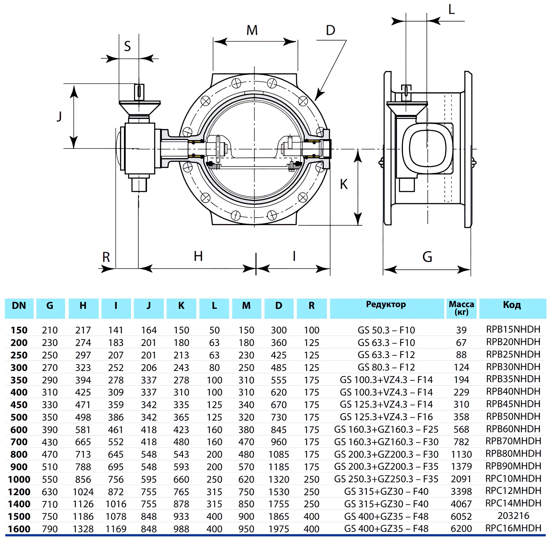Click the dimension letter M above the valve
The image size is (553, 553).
coord(252,30)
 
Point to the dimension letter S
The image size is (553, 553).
coord(127,46)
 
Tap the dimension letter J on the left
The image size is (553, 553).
coord(59,117)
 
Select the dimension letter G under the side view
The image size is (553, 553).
coord(427,257)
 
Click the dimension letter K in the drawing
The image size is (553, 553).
coord(344,184)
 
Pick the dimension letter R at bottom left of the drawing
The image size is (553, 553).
coord(106,257)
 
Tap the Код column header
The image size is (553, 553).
coord(512,305)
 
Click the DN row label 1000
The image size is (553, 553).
coord(19,479)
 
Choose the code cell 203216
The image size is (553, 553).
coord(513,516)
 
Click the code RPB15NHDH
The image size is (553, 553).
coord(513,329)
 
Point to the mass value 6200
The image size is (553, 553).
coord(461,528)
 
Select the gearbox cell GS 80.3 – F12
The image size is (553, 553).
coord(386,367)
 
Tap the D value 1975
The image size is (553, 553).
coord(279,529)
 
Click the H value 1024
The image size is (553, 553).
coord(83,492)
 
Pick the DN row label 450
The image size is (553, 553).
coord(19,405)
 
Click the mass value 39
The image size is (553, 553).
coord(461,330)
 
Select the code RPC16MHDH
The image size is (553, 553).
coord(513,528)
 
